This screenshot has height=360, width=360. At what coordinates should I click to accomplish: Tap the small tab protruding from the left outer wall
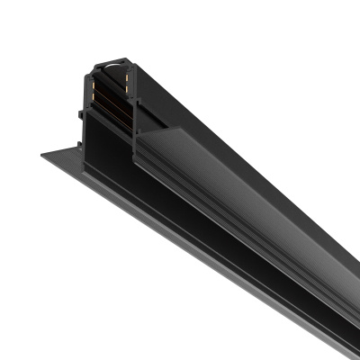[84, 114]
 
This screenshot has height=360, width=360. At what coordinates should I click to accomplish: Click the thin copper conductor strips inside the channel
[112, 99]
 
